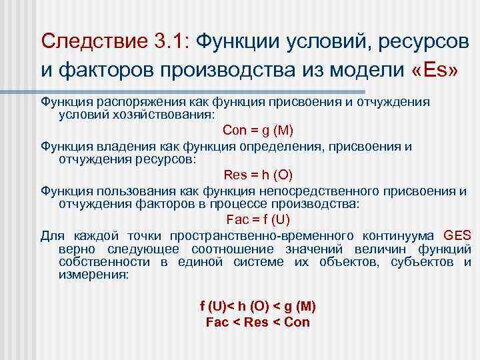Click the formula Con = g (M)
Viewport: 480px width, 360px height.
pos(258,130)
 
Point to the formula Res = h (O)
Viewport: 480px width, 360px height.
pos(258,175)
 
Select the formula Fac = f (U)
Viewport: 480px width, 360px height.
pos(258,219)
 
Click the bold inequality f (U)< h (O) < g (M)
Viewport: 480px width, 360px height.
pos(258,307)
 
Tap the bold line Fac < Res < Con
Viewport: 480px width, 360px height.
pos(258,322)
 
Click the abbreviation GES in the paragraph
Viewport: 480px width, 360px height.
pos(457,235)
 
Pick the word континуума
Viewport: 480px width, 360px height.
pos(399,235)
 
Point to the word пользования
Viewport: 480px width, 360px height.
pos(118,191)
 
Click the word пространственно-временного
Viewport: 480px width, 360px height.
pos(261,235)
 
